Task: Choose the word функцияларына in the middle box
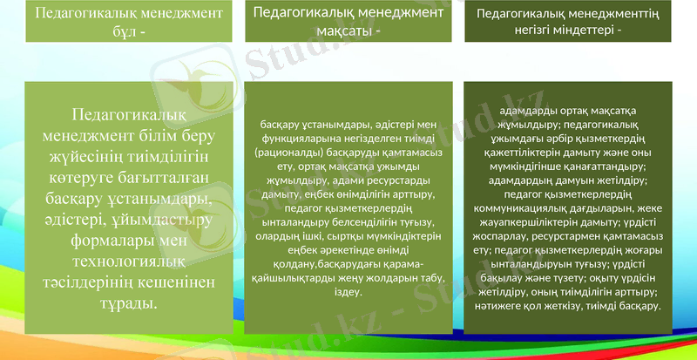(x=301, y=139)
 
